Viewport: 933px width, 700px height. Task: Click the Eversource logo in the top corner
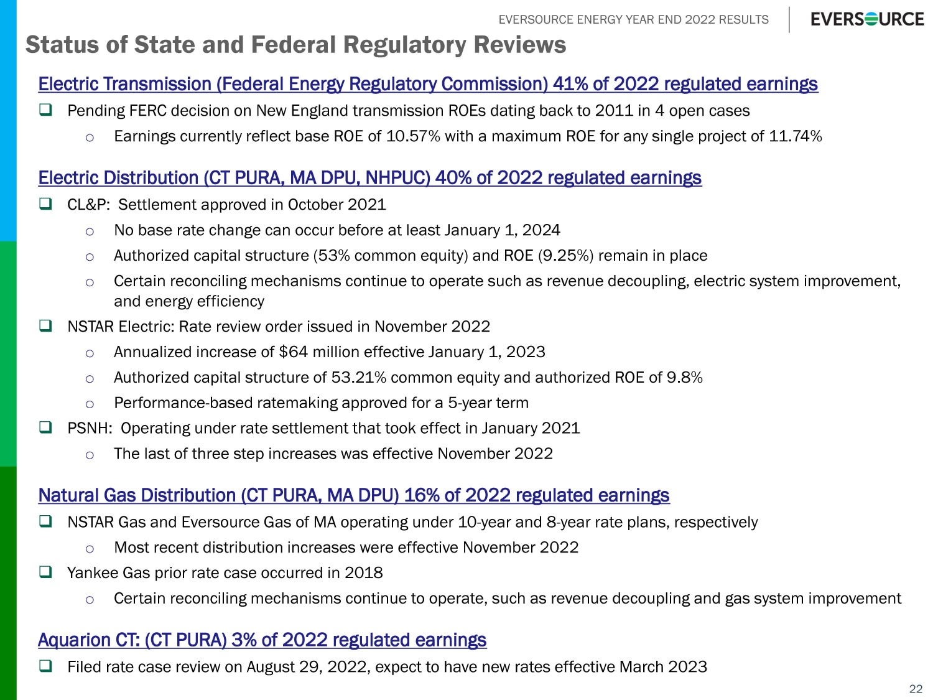coord(867,19)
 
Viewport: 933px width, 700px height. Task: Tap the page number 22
coord(916,688)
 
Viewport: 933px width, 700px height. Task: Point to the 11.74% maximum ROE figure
coord(796,136)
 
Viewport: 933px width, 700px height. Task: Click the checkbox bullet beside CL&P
coord(45,204)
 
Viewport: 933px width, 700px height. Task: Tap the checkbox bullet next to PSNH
coord(45,427)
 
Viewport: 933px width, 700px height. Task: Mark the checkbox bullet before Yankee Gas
coord(45,572)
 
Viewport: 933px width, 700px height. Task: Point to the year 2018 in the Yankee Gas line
coord(363,573)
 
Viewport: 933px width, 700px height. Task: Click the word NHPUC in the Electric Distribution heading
coord(397,178)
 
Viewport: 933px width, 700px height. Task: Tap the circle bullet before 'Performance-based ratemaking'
coord(90,404)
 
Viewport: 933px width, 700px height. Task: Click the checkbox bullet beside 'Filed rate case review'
coord(45,666)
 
